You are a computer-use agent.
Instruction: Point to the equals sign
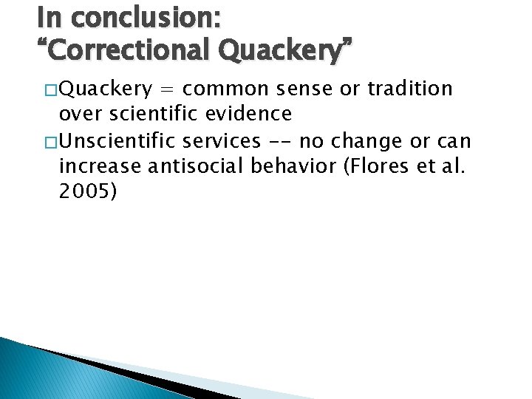pyautogui.click(x=168, y=89)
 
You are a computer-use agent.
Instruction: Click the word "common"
pyautogui.click(x=225, y=89)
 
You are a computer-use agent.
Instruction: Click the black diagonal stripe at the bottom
pyautogui.click(x=111, y=369)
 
